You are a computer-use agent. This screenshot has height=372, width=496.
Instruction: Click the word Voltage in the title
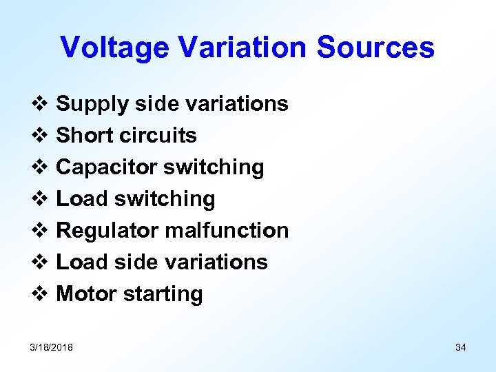click(114, 48)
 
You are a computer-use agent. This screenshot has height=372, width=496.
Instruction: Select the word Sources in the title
click(375, 48)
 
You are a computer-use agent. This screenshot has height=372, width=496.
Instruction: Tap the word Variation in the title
click(242, 48)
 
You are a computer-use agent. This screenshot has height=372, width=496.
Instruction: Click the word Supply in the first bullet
click(92, 105)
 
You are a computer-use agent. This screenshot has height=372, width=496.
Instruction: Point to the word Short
click(85, 136)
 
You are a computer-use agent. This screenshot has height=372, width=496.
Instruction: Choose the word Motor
click(86, 294)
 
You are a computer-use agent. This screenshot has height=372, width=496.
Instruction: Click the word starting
click(163, 295)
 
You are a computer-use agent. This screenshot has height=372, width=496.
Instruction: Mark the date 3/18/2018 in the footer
click(52, 347)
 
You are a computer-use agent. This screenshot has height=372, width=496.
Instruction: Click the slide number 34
click(460, 347)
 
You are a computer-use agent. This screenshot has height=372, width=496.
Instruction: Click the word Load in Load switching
click(83, 199)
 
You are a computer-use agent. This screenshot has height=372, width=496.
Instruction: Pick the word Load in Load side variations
click(83, 262)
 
